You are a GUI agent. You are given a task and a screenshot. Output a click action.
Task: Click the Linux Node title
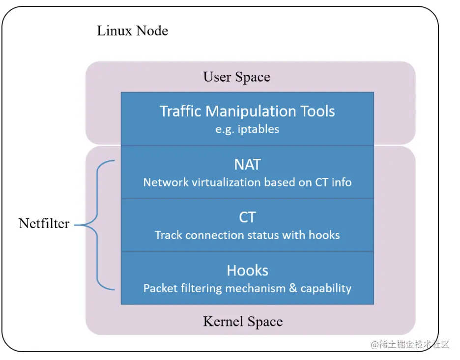[132, 31]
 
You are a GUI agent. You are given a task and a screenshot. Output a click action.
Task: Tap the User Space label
[236, 77]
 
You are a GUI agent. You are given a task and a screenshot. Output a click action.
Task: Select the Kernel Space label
[243, 322]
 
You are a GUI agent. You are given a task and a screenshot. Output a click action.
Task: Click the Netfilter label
[44, 223]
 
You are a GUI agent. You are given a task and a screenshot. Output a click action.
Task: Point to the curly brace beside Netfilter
[95, 225]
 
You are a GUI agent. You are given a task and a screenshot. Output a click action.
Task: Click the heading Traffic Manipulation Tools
[247, 111]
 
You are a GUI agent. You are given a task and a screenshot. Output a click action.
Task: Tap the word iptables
[258, 129]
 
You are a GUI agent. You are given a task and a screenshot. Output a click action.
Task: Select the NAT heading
[247, 164]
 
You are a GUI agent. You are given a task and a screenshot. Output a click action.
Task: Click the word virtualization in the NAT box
[227, 182]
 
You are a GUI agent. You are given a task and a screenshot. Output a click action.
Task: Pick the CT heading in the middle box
[247, 217]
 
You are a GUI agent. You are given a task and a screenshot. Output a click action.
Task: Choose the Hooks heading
[247, 270]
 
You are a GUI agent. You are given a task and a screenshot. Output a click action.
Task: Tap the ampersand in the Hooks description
[293, 288]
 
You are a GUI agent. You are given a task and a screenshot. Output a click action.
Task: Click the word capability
[326, 289]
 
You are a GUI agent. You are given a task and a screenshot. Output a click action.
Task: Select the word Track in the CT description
[169, 235]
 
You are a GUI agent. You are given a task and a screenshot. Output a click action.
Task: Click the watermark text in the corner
[410, 344]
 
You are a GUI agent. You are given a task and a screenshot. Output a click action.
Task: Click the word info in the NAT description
[342, 182]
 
